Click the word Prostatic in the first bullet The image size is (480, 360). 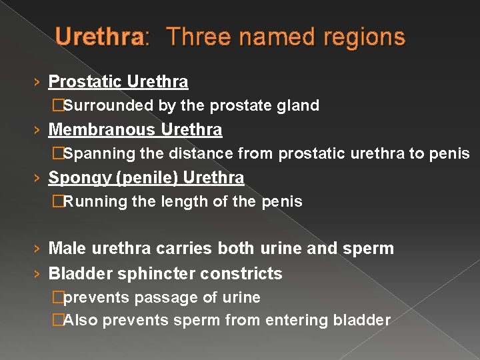[85, 82]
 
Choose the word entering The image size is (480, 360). [293, 321]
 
